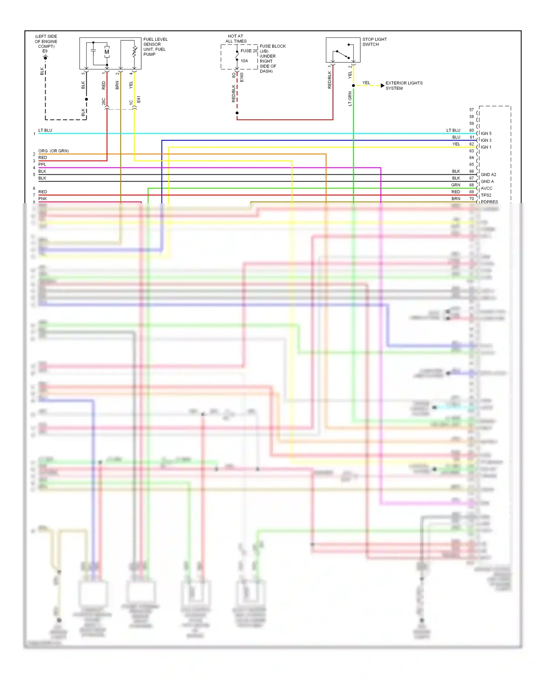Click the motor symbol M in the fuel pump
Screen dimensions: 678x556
(x=107, y=52)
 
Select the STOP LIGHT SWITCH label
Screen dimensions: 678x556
(x=374, y=42)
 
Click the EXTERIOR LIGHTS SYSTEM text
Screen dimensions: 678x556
(x=404, y=86)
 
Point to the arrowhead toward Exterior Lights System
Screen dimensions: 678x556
(x=383, y=86)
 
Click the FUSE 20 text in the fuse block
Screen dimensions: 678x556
(x=249, y=51)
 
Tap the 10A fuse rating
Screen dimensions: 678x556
(x=244, y=61)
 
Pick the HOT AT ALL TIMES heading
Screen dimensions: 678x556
(x=236, y=39)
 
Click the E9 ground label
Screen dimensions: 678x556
(x=45, y=51)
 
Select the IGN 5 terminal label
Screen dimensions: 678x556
(x=486, y=134)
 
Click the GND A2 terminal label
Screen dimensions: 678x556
(x=488, y=175)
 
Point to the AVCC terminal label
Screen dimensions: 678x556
(x=486, y=188)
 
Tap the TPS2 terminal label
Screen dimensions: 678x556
(x=486, y=195)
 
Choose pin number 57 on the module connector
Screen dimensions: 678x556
(x=471, y=110)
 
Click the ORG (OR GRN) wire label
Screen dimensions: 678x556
(x=53, y=151)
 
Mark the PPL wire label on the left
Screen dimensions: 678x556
(x=42, y=164)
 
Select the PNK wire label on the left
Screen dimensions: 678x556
(x=43, y=199)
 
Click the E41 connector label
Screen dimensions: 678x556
(x=139, y=99)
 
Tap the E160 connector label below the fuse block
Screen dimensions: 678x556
(x=242, y=77)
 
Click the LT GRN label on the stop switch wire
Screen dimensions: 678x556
(x=350, y=99)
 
